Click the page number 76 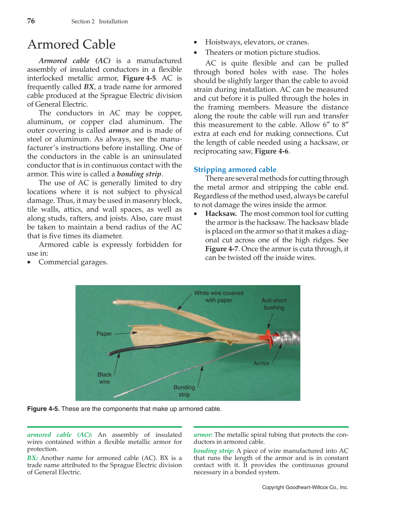(31, 21)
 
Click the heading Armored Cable (71, 44)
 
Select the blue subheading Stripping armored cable (235, 170)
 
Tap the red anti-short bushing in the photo (269, 337)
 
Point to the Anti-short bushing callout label (274, 304)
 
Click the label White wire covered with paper (219, 297)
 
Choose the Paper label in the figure (104, 334)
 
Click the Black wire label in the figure (105, 378)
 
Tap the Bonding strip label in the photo (184, 391)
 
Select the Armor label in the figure (261, 363)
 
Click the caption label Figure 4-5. (43, 409)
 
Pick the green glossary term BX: (32, 458)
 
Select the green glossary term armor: (203, 435)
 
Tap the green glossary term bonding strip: (214, 451)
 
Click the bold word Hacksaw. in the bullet (221, 214)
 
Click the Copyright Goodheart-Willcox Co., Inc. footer (305, 487)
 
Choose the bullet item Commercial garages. (73, 262)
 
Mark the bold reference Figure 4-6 (272, 151)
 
